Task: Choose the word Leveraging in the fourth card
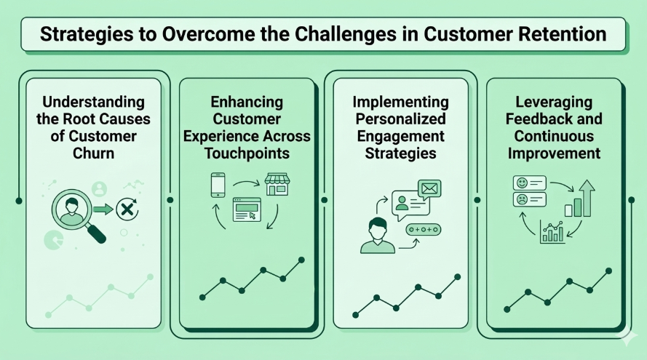tap(554, 102)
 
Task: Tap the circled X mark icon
tap(128, 210)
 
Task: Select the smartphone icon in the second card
tap(218, 185)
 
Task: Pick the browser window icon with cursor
tap(246, 209)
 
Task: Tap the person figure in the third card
tap(377, 234)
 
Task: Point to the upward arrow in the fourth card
tap(587, 195)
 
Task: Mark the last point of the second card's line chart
tap(301, 260)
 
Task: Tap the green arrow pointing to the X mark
tap(104, 210)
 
